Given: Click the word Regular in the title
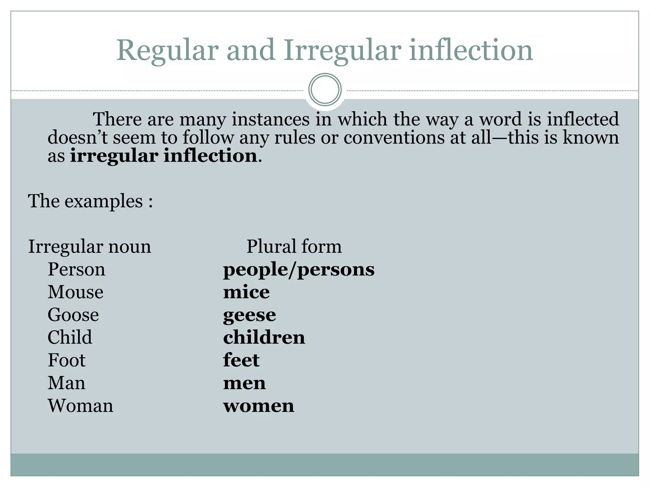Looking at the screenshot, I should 167,51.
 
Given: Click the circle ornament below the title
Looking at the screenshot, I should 325,89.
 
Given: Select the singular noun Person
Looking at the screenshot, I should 76,269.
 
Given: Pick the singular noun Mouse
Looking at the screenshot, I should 76,292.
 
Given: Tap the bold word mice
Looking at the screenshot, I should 246,292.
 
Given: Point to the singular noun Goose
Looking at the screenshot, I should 73,315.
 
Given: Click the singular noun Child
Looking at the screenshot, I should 70,337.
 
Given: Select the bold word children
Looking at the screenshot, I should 264,337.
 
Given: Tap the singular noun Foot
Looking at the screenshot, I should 67,360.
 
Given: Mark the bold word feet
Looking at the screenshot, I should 241,360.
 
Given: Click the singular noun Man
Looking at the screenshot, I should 66,383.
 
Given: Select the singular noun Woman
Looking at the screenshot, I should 80,406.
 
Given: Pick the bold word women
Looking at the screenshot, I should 259,406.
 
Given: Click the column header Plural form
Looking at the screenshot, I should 294,246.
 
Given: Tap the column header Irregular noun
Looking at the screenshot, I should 90,247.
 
